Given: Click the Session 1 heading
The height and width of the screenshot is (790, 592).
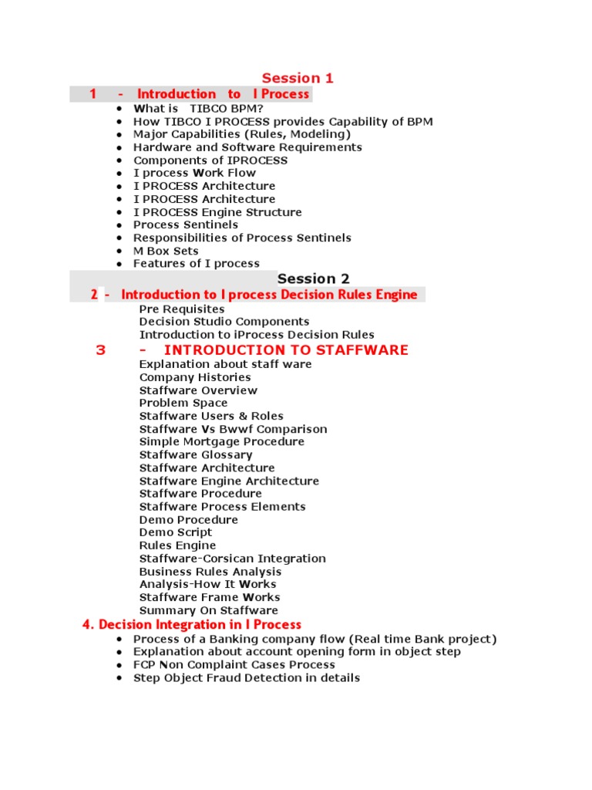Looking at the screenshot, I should tap(298, 78).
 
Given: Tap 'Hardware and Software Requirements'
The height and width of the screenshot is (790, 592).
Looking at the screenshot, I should tap(247, 147).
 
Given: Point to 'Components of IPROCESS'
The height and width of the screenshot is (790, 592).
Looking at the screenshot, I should tap(210, 160).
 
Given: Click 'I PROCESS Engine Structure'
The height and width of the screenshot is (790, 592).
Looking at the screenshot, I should tap(217, 212).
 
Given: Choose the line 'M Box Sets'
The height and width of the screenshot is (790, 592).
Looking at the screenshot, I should tap(166, 251).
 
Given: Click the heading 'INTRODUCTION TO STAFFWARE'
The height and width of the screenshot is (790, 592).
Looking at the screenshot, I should tap(286, 350).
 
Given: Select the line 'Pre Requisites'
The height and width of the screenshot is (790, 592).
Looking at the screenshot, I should tap(182, 309).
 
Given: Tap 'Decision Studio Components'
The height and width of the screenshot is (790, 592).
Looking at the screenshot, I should tap(224, 322).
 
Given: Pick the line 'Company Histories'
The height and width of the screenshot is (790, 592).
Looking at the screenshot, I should tap(195, 377).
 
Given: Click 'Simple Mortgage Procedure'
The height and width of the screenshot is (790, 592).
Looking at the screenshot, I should tap(222, 442).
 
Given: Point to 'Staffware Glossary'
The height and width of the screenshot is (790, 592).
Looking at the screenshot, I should tap(196, 455).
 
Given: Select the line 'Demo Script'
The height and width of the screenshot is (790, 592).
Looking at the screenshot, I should tap(176, 532).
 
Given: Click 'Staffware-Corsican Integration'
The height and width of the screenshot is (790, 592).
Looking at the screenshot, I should tap(233, 559).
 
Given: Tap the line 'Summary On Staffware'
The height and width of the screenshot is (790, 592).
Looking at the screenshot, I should tap(209, 610).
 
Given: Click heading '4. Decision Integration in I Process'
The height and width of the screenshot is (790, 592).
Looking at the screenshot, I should tap(192, 625).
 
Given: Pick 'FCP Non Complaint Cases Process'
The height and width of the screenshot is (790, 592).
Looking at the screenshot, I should tap(234, 665).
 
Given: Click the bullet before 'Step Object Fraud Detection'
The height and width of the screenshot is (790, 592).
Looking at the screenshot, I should tap(119, 678).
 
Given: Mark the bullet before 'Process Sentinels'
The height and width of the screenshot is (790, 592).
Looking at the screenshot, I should tap(119, 225).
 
